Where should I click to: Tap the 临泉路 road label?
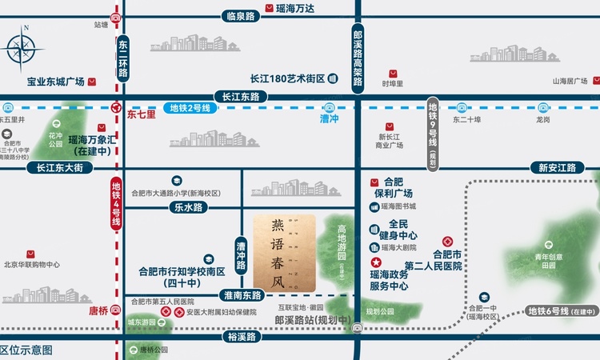point(241,16)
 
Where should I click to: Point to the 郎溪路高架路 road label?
point(358,56)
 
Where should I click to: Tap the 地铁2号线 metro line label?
point(190,108)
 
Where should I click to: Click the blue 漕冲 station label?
point(330,118)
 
